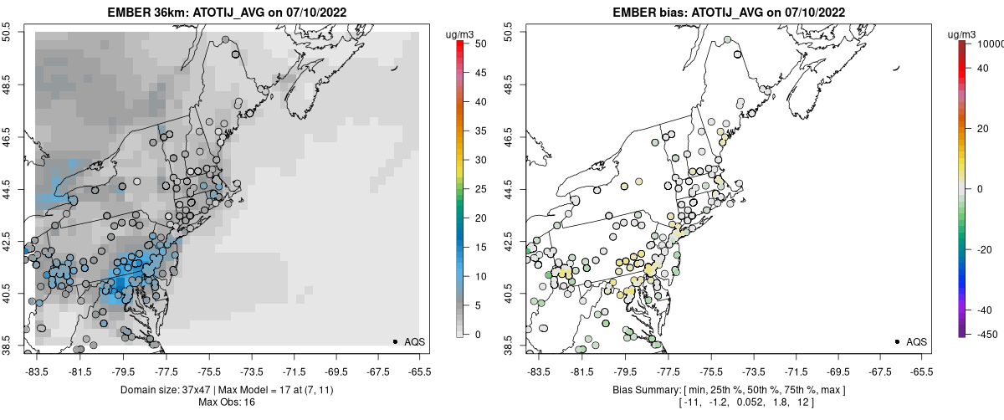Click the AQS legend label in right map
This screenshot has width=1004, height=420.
[x=917, y=341]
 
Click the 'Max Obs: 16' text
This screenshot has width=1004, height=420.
[x=226, y=402]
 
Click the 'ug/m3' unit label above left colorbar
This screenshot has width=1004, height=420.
[x=462, y=34]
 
